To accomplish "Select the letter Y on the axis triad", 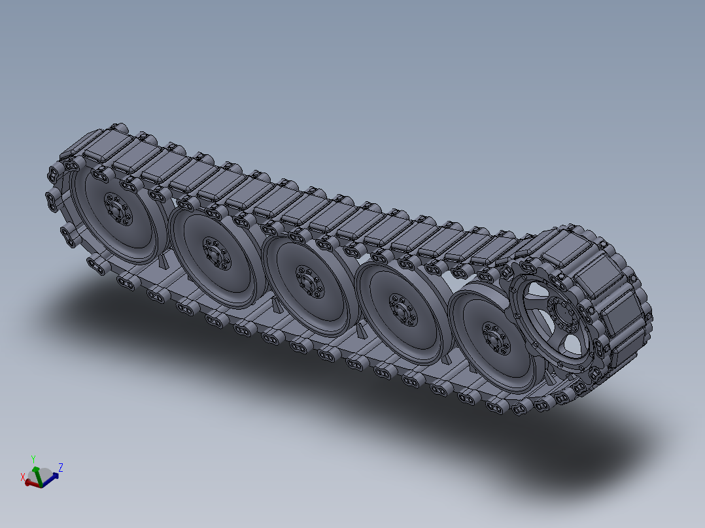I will coord(33,459).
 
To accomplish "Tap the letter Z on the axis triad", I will coord(60,467).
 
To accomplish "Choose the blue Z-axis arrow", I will coord(52,476).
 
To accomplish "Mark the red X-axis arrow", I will coord(31,483).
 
